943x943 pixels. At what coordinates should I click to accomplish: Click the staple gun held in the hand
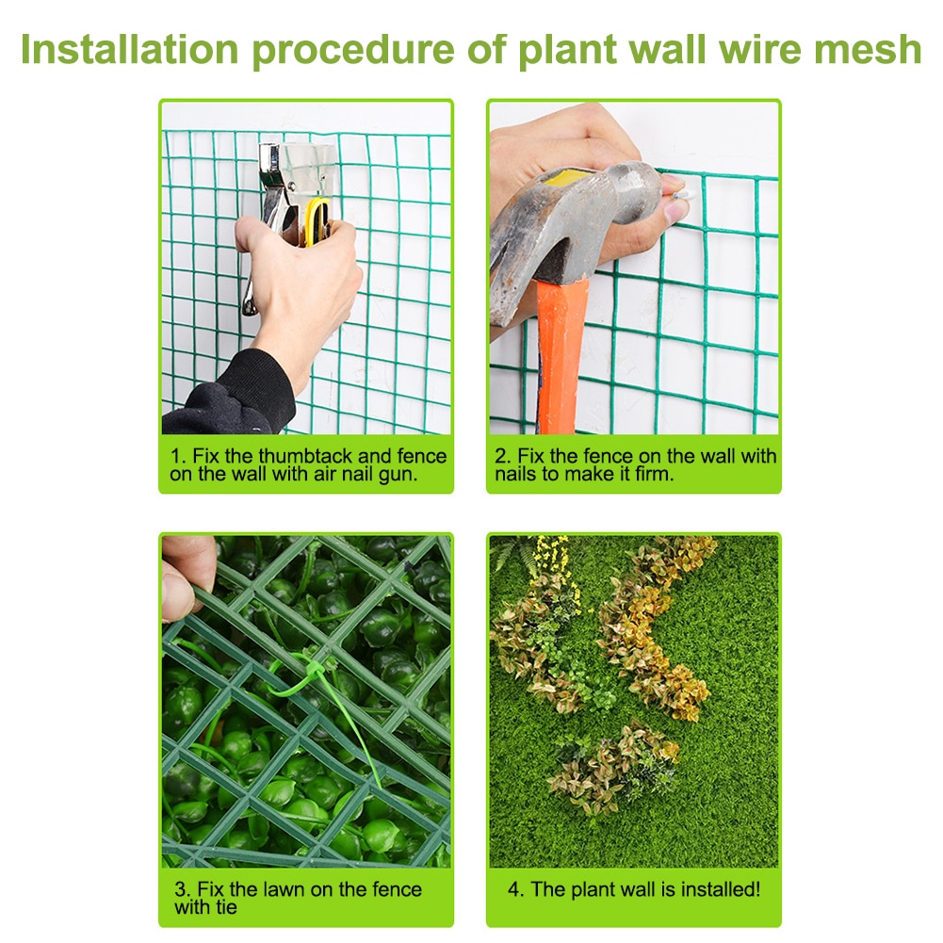(283, 188)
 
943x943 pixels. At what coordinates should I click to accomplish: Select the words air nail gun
(365, 475)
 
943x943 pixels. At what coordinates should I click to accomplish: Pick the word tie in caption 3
(226, 908)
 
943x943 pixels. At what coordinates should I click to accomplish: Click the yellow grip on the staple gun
(318, 220)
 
